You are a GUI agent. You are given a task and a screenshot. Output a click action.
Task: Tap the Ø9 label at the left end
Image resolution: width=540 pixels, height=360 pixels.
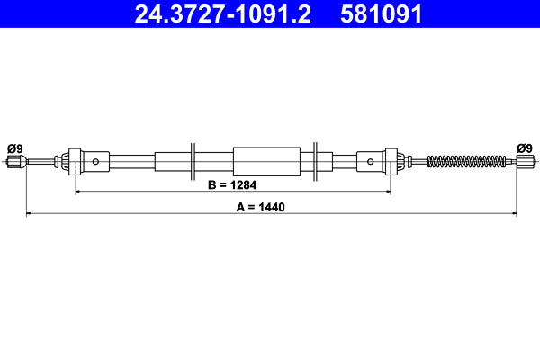[14, 148]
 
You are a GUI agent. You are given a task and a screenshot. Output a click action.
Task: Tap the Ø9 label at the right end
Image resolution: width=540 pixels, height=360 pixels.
[525, 148]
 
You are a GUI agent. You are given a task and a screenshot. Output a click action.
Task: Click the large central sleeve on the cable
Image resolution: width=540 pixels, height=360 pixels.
[267, 162]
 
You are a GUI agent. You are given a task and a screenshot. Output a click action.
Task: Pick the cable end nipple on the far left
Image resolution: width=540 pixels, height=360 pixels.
[14, 162]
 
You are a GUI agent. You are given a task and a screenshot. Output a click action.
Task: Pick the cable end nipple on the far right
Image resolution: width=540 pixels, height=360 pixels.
[525, 162]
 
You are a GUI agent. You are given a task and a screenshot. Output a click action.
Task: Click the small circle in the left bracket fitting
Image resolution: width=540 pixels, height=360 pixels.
[96, 162]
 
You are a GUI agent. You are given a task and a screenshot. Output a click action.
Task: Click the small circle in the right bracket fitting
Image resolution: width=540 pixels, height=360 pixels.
[371, 162]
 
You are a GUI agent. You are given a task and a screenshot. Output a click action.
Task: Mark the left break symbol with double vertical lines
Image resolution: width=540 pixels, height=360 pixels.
[193, 162]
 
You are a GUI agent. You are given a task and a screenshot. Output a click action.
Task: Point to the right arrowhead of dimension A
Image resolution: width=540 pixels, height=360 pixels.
[513, 214]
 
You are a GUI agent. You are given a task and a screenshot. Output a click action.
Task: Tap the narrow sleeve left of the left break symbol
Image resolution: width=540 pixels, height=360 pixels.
[169, 162]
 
